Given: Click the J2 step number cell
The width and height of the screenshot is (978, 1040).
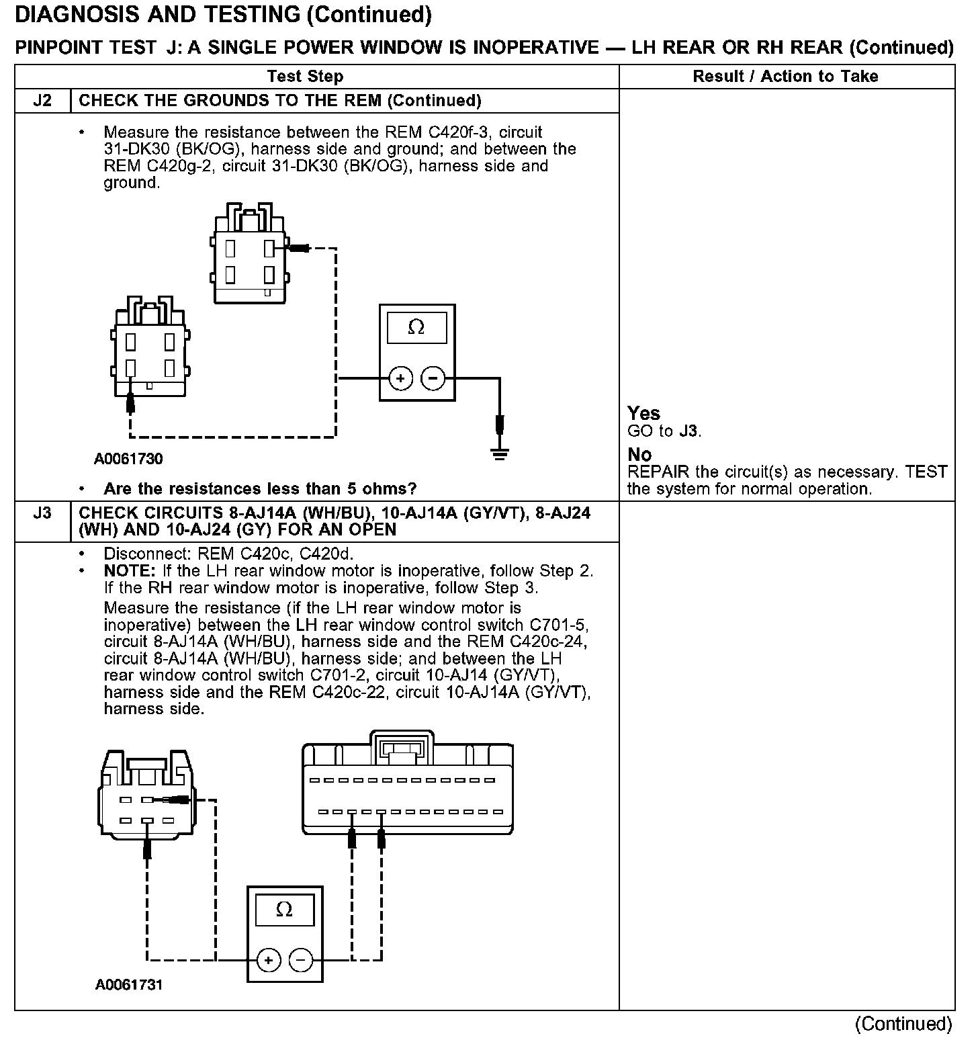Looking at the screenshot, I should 42,101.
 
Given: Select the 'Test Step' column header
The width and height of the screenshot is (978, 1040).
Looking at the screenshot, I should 305,77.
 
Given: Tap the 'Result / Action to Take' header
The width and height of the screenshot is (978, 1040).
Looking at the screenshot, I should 785,77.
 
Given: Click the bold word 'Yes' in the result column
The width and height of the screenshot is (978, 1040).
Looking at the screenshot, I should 643,413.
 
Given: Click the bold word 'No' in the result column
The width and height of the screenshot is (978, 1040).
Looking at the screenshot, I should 639,455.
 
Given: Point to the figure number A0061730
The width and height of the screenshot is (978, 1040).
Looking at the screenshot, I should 128,460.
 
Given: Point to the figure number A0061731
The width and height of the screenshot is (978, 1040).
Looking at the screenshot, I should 128,985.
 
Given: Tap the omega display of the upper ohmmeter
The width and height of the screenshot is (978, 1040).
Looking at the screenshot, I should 416,328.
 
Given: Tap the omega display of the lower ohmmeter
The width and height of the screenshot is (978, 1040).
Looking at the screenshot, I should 285,910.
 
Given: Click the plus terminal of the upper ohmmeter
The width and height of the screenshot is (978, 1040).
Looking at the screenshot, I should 401,379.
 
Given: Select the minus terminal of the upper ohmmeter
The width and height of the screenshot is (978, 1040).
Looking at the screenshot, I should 433,379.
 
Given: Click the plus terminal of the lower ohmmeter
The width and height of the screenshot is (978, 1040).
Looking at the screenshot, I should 269,961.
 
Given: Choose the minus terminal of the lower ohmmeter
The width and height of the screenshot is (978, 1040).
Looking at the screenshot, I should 301,961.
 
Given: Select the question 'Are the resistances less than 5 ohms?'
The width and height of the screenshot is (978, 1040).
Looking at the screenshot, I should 260,488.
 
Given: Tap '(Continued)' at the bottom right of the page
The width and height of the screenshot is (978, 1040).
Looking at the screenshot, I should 903,1024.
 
